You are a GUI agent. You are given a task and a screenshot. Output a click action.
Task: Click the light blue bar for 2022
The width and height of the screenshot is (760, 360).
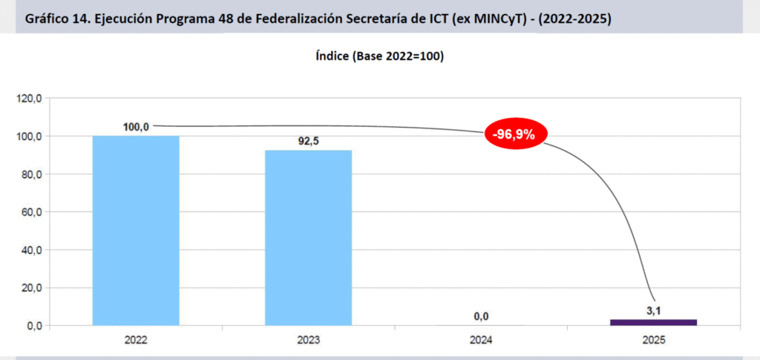136,230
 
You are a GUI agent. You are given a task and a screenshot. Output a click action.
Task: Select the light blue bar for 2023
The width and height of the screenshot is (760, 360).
309,238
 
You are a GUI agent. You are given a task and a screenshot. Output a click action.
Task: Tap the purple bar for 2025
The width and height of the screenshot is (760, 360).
654,322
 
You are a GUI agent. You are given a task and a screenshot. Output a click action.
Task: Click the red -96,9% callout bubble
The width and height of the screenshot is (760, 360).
515,134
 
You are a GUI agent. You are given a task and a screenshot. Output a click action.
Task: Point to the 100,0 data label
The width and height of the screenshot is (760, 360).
136,127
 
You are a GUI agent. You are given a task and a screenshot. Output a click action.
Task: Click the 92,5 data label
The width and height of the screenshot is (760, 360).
309,141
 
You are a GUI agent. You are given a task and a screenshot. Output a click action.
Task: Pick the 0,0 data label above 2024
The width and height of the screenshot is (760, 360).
481,317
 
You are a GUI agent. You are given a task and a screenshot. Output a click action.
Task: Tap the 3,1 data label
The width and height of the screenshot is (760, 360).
654,311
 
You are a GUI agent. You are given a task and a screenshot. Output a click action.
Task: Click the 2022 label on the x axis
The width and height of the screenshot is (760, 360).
136,341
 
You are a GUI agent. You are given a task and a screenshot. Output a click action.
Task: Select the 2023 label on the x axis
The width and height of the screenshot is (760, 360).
309,341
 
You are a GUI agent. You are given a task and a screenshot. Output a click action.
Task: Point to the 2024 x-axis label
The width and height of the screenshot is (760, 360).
481,341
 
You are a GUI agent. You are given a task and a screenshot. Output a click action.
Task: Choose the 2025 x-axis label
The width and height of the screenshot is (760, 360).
654,341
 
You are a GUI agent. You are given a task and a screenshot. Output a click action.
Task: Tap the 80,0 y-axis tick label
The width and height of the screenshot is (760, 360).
32,174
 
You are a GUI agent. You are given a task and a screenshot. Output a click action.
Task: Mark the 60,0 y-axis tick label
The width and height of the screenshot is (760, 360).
32,212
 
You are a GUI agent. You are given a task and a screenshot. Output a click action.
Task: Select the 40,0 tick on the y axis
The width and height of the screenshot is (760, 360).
32,250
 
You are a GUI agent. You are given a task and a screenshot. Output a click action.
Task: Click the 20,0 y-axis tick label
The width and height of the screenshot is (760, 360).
32,288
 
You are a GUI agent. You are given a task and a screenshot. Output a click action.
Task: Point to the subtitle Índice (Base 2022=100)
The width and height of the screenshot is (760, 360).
379,56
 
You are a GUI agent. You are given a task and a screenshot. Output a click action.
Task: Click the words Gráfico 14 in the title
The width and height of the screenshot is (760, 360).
53,19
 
